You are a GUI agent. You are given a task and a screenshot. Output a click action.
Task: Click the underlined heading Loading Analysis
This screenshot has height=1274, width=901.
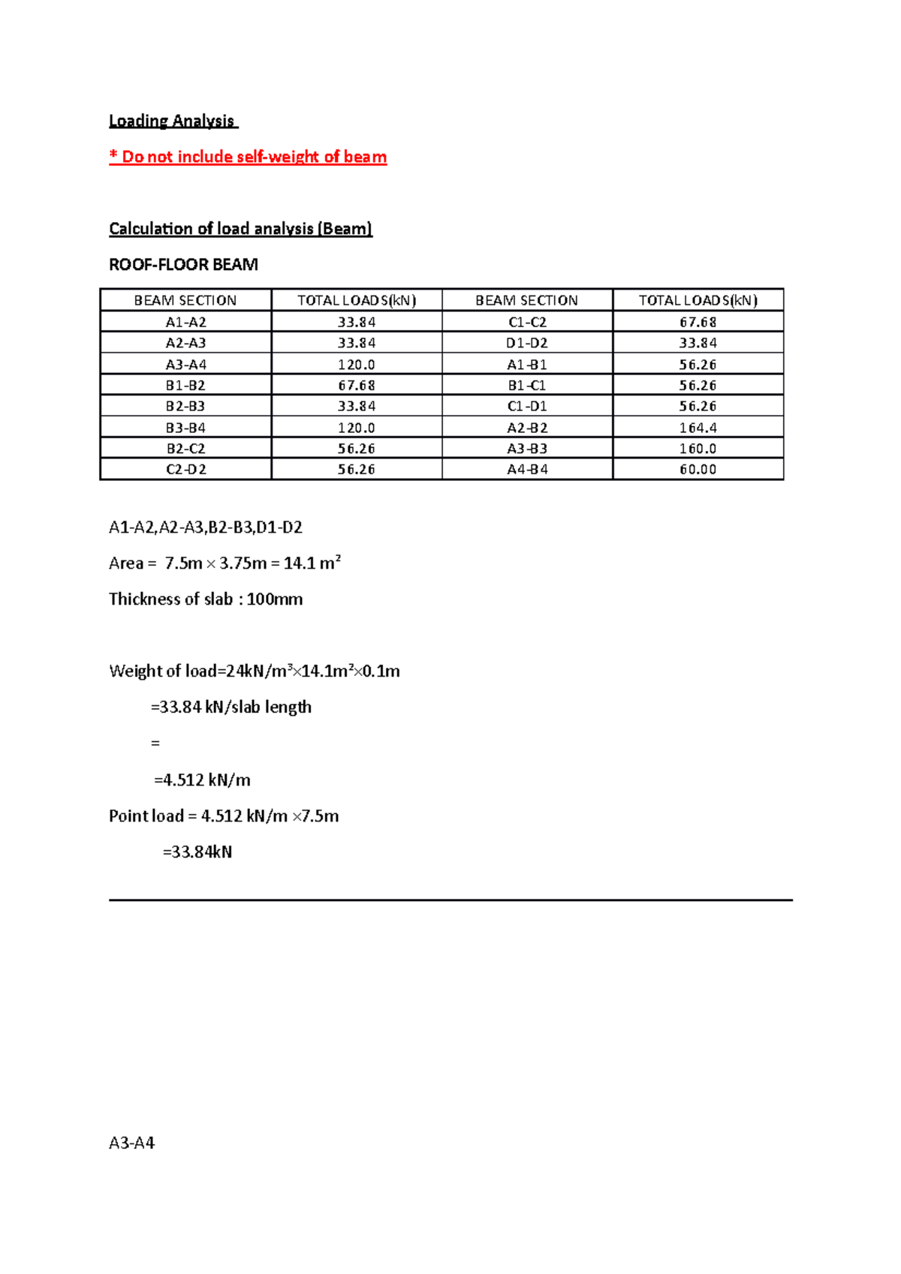pyautogui.click(x=172, y=121)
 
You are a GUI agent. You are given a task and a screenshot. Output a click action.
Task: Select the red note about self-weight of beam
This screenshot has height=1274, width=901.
pyautogui.click(x=248, y=157)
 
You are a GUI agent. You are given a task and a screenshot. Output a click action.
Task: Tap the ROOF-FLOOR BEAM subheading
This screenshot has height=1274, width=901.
pyautogui.click(x=183, y=265)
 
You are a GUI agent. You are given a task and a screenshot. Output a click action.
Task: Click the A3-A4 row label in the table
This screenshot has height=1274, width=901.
pyautogui.click(x=185, y=365)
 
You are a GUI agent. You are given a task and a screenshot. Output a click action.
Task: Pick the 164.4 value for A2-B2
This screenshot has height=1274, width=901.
pyautogui.click(x=698, y=428)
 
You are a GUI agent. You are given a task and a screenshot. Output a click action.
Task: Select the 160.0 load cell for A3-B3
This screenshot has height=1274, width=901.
pyautogui.click(x=698, y=449)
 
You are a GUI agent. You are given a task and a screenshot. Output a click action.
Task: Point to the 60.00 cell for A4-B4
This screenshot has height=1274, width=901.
pyautogui.click(x=698, y=470)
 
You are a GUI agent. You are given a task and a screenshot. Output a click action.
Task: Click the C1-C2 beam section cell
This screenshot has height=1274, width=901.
pyautogui.click(x=527, y=322)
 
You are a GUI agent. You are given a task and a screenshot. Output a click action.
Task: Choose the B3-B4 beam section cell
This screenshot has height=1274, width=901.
pyautogui.click(x=185, y=428)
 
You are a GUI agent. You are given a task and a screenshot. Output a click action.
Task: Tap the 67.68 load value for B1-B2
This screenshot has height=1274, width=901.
pyautogui.click(x=356, y=386)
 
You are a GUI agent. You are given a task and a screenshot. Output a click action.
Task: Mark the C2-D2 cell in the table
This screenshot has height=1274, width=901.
pyautogui.click(x=185, y=470)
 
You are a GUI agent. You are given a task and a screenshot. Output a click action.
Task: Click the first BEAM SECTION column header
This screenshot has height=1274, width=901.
pyautogui.click(x=185, y=301)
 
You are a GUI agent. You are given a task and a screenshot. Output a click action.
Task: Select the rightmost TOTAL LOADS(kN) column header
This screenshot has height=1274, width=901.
pyautogui.click(x=698, y=301)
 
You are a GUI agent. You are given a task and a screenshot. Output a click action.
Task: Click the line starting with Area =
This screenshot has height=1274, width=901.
pyautogui.click(x=224, y=563)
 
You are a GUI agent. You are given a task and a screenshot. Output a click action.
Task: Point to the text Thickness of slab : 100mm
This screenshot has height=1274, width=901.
pyautogui.click(x=206, y=599)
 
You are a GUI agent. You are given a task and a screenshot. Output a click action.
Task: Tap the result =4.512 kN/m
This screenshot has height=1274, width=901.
pyautogui.click(x=202, y=780)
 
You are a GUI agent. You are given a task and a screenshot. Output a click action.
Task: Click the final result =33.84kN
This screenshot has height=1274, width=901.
pyautogui.click(x=197, y=852)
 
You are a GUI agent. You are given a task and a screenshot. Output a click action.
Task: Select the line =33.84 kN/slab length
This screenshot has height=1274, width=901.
pyautogui.click(x=231, y=708)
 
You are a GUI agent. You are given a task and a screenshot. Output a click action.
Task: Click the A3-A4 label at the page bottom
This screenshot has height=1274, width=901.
pyautogui.click(x=131, y=1143)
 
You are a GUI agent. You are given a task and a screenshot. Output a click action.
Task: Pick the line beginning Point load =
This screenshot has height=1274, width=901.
pyautogui.click(x=224, y=816)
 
